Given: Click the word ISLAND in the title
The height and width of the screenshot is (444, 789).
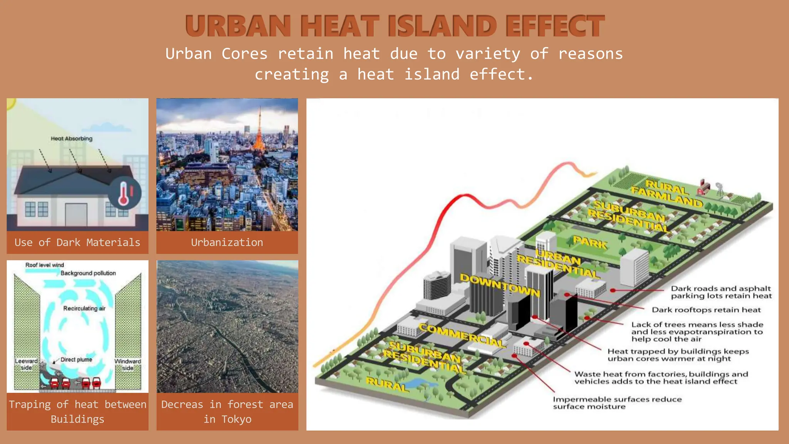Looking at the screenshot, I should click(x=442, y=26).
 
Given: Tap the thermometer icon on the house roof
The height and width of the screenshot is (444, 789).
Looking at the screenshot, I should click(x=124, y=193).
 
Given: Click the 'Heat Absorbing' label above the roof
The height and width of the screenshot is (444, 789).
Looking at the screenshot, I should click(x=72, y=138).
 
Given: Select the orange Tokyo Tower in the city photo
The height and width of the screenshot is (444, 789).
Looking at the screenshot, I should click(x=259, y=133).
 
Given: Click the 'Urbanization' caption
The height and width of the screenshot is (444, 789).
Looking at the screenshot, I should click(x=227, y=242).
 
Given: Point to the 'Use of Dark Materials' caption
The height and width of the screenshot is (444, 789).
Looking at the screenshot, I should click(x=77, y=242).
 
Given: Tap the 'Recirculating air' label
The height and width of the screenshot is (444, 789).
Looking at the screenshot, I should click(x=84, y=308).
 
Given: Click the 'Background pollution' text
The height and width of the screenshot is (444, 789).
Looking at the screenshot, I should click(x=88, y=273).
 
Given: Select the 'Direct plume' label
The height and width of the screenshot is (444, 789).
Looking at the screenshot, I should click(x=76, y=360).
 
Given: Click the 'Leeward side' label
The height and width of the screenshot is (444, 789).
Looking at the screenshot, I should click(x=26, y=364).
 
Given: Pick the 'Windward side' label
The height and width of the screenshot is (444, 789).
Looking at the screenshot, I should click(x=128, y=364).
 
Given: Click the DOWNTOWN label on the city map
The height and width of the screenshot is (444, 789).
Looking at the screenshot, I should click(x=500, y=285).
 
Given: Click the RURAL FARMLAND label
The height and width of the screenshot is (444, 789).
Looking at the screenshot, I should click(x=667, y=193).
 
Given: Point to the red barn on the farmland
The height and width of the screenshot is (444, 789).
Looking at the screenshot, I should click(x=703, y=187).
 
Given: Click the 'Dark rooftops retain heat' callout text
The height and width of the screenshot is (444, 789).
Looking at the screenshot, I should click(x=706, y=310).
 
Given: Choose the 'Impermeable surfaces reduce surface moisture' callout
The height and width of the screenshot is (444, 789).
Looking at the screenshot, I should click(x=617, y=403).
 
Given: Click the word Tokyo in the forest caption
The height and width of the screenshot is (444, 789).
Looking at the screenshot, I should click(x=236, y=419).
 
